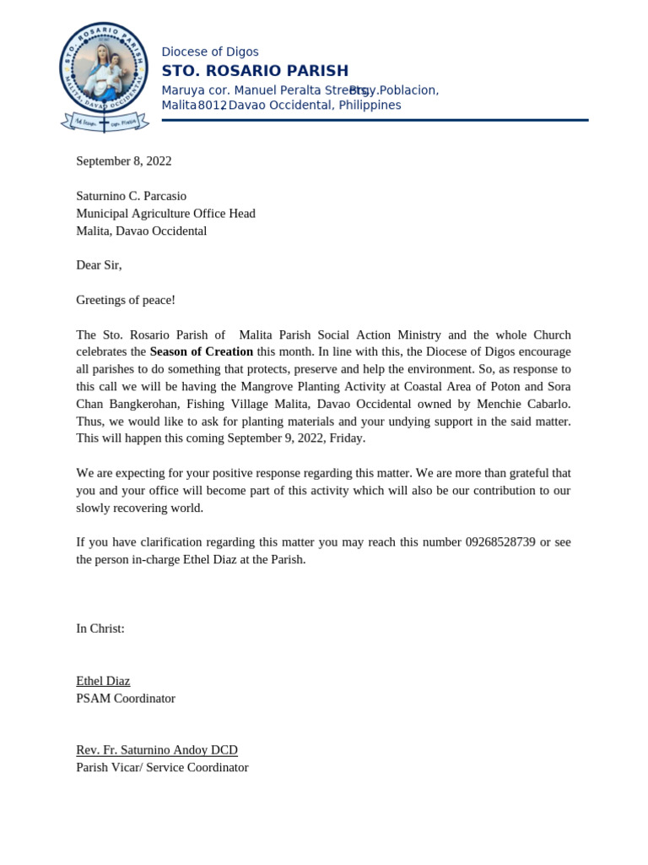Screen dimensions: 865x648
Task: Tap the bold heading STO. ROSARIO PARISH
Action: (255, 70)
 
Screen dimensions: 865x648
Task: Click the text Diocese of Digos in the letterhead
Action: (210, 52)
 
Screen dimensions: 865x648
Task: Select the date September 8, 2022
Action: (123, 160)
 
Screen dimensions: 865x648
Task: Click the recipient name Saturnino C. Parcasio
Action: (131, 196)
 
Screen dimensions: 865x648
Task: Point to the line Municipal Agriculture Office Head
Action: (165, 214)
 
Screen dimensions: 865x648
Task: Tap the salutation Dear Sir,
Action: (99, 265)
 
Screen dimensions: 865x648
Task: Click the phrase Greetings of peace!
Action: (126, 300)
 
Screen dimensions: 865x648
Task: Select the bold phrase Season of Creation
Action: (202, 351)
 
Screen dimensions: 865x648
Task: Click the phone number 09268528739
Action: (500, 541)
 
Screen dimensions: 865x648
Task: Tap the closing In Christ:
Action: (100, 628)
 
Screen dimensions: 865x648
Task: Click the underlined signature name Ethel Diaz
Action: (103, 681)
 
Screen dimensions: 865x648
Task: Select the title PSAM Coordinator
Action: (126, 699)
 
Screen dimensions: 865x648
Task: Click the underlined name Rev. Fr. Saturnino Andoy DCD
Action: (157, 750)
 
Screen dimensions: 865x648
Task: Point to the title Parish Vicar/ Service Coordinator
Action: (162, 768)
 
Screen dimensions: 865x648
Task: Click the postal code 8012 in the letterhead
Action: (212, 106)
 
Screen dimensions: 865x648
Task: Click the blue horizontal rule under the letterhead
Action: (375, 120)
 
